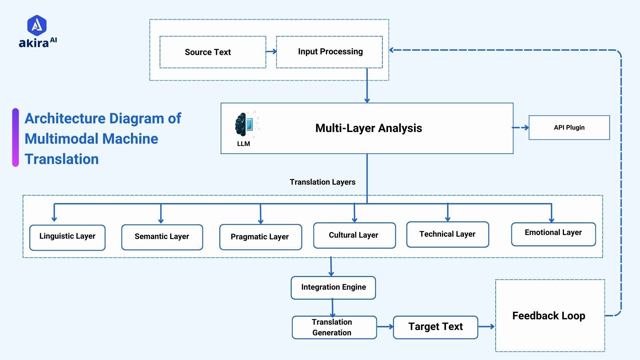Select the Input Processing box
point(329,52)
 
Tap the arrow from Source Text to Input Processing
point(271,52)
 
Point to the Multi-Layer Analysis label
point(368,128)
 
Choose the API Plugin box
point(569,128)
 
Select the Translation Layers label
point(322,182)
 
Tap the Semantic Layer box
point(162,237)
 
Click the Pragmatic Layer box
point(260,237)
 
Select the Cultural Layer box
point(354,235)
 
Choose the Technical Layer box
point(447,234)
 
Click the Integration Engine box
point(333,287)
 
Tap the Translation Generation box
point(334,327)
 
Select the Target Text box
point(435,327)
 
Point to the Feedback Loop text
point(549,316)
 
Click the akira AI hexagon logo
point(37,25)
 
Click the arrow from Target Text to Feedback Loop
point(486,327)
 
